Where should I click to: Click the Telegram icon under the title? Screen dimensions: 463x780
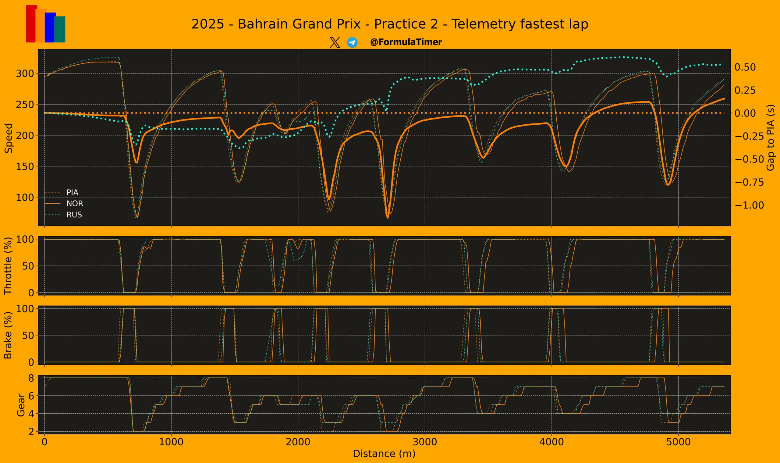(x=352, y=42)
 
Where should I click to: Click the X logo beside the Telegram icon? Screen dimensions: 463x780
(x=335, y=42)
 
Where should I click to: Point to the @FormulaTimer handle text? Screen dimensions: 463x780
(x=406, y=42)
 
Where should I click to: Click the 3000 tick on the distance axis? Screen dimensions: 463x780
(x=425, y=442)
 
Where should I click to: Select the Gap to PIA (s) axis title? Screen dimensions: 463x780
(x=770, y=137)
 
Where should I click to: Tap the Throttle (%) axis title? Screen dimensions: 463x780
(x=9, y=266)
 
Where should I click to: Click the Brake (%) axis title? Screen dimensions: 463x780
(x=9, y=335)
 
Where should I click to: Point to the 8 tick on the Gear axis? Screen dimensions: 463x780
(x=31, y=378)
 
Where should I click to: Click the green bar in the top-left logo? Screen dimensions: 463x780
(x=60, y=29)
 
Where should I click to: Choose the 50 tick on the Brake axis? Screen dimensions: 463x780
(x=28, y=335)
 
